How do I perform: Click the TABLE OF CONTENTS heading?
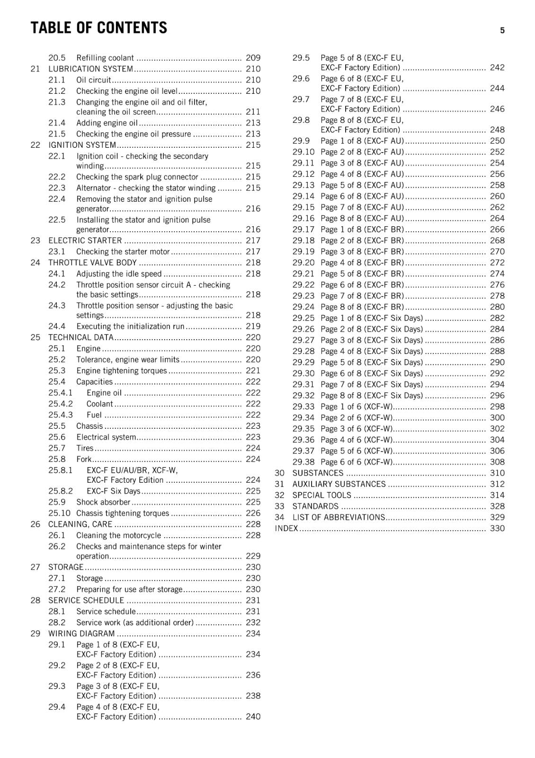pyautogui.click(x=98, y=28)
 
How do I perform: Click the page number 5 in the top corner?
pyautogui.click(x=502, y=31)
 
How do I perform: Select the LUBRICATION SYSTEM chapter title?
pyautogui.click(x=91, y=69)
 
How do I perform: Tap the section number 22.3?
pyautogui.click(x=57, y=188)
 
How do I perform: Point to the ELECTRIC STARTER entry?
pyautogui.click(x=85, y=241)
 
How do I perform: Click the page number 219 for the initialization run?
pyautogui.click(x=253, y=326)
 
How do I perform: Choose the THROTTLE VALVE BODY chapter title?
pyautogui.click(x=92, y=263)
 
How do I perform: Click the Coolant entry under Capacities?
pyautogui.click(x=99, y=404)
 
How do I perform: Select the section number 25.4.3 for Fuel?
pyautogui.click(x=61, y=415)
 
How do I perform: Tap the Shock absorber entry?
pyautogui.click(x=103, y=502)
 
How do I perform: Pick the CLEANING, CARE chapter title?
pyautogui.click(x=80, y=524)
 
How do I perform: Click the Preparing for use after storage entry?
pyautogui.click(x=129, y=589)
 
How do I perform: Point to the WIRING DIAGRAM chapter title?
pyautogui.click(x=81, y=634)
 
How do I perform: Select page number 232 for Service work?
pyautogui.click(x=253, y=623)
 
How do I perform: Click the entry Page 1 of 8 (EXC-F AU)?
pyautogui.click(x=362, y=141)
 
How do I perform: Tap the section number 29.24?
pyautogui.click(x=303, y=307)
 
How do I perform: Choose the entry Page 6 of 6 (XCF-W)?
pyautogui.click(x=357, y=462)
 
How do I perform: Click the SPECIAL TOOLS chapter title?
pyautogui.click(x=322, y=495)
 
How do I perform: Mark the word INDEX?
pyautogui.click(x=286, y=529)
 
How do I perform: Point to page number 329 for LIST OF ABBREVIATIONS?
pyautogui.click(x=497, y=517)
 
